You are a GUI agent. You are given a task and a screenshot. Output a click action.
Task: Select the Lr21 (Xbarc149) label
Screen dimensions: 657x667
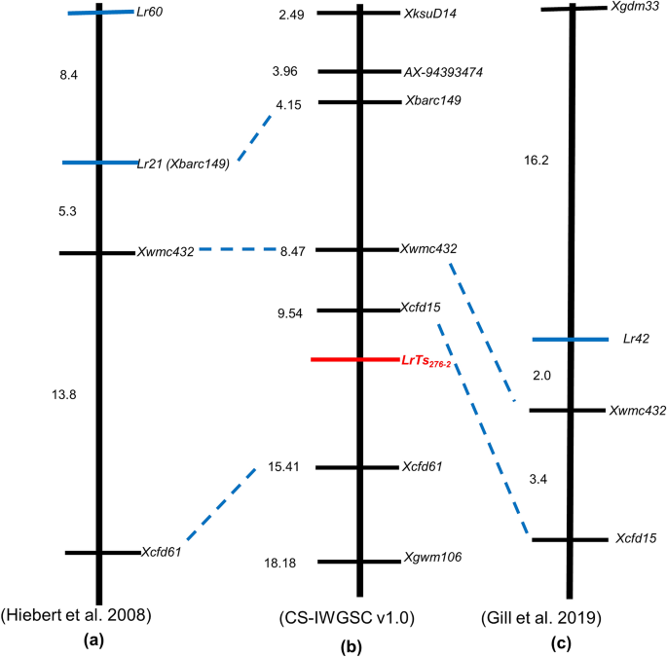[185, 164]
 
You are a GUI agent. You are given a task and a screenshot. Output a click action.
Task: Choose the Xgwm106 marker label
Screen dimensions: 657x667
[432, 558]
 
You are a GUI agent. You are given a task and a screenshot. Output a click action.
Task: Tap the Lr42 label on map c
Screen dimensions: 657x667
[637, 340]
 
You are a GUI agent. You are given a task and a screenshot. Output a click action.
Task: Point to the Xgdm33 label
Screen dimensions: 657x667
[634, 7]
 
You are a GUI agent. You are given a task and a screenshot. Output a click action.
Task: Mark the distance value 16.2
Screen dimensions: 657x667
[537, 161]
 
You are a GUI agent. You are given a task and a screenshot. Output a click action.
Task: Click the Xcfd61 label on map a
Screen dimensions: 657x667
[162, 552]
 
